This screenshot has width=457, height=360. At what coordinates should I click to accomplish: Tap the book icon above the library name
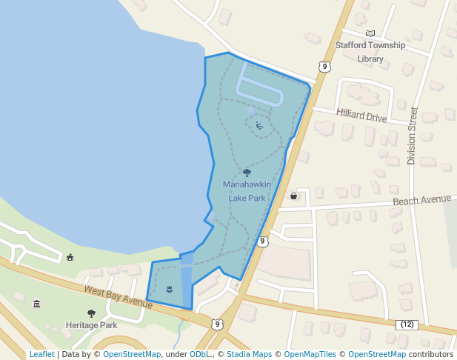(x=370, y=33)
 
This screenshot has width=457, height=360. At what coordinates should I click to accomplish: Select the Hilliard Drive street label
(x=361, y=116)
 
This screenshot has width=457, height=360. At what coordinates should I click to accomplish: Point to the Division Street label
(x=413, y=136)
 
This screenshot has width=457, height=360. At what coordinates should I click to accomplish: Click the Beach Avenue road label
(x=421, y=200)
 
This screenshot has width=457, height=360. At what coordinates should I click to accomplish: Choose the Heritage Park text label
(x=91, y=325)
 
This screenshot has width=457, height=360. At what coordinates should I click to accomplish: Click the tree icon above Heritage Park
(x=91, y=313)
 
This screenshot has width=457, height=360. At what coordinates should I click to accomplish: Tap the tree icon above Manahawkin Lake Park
(x=247, y=173)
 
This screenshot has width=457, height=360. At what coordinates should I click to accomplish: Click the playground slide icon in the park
(x=259, y=125)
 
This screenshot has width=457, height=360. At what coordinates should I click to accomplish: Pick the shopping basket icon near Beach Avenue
(x=294, y=196)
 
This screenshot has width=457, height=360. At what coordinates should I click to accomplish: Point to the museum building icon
(x=37, y=304)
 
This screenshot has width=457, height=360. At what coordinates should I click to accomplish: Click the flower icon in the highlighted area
(x=170, y=287)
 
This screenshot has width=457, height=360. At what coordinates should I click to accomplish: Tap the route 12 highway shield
(x=407, y=324)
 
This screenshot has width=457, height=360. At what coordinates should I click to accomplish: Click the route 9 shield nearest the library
(x=324, y=67)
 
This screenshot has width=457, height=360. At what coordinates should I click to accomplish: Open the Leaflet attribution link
(x=41, y=354)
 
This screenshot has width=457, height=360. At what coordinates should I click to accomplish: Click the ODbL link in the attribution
(x=199, y=354)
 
